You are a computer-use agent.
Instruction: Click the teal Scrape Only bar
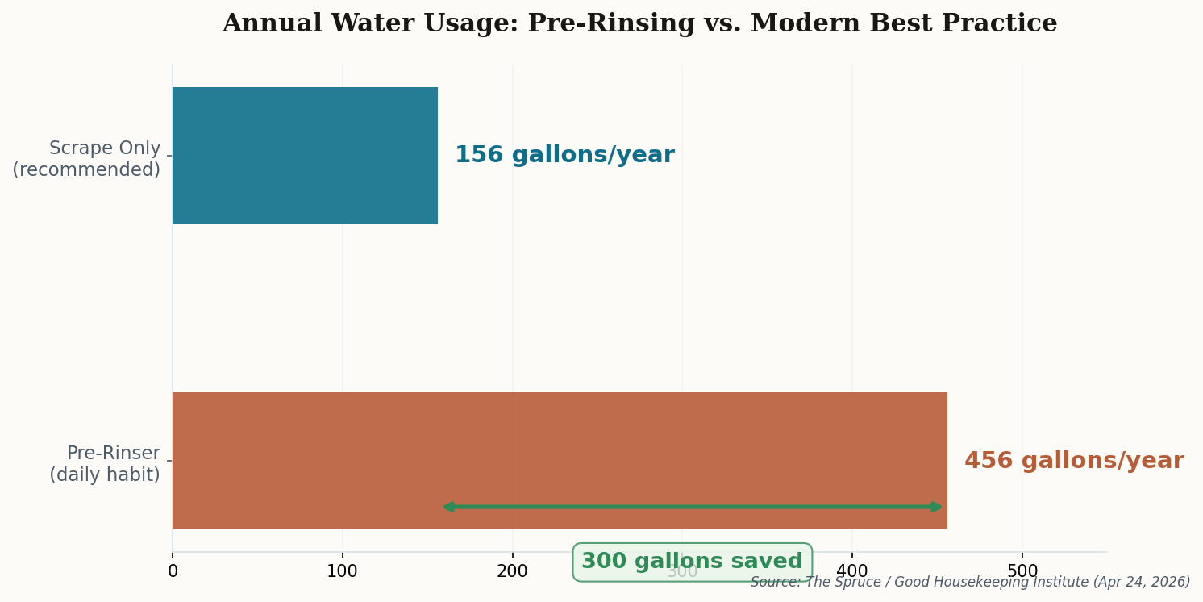coord(305,156)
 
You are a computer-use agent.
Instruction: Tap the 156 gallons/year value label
coord(564,156)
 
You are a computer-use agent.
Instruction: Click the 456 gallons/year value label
coord(1074,462)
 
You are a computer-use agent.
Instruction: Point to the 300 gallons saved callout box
coord(692,562)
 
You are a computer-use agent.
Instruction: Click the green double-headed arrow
coord(692,507)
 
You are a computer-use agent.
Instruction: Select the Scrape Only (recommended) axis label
coord(86,160)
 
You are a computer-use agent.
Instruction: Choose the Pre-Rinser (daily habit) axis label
coord(105,465)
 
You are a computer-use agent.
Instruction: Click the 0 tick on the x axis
coord(173,572)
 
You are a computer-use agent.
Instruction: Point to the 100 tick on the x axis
coord(343,572)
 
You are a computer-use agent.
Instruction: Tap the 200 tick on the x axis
coord(512,572)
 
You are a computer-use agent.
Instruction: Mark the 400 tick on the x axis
coord(852,572)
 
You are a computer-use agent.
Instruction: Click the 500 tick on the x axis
coord(1022,572)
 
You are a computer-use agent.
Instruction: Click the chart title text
coord(639,24)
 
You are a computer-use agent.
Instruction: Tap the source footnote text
coord(970,583)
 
